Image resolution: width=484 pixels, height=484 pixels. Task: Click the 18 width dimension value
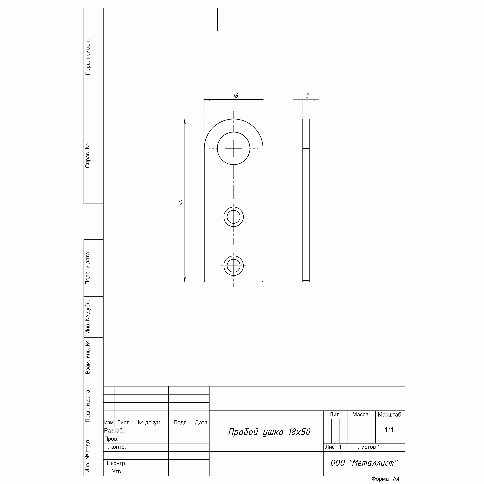pos(235,96)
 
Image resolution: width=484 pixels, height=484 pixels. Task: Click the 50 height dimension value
pos(181,203)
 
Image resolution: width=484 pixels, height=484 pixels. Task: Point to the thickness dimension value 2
pos(307,96)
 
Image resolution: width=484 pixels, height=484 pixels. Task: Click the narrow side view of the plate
pos(306,200)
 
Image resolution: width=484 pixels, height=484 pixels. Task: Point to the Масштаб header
pos(390,415)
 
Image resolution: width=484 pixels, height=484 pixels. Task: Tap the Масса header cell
pos(360,415)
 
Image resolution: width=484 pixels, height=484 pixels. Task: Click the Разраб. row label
pos(114,431)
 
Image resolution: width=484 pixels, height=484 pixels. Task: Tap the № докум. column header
pos(150,423)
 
